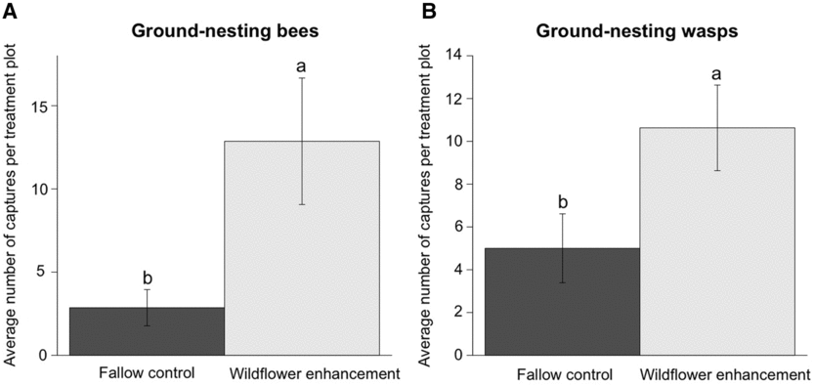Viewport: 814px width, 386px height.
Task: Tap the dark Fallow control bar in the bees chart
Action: [147, 331]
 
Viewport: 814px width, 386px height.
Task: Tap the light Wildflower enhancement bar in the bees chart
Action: [302, 248]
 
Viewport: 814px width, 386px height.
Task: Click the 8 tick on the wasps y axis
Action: [461, 184]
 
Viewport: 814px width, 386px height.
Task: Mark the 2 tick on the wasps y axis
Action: [461, 313]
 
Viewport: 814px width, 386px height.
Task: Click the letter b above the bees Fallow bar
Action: [147, 276]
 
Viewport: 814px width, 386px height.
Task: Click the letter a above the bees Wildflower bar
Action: [302, 65]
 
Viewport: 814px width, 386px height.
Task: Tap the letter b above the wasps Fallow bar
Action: [562, 201]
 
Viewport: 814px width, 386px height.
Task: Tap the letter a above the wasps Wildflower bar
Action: [717, 73]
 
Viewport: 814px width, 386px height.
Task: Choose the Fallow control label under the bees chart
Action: [147, 373]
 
